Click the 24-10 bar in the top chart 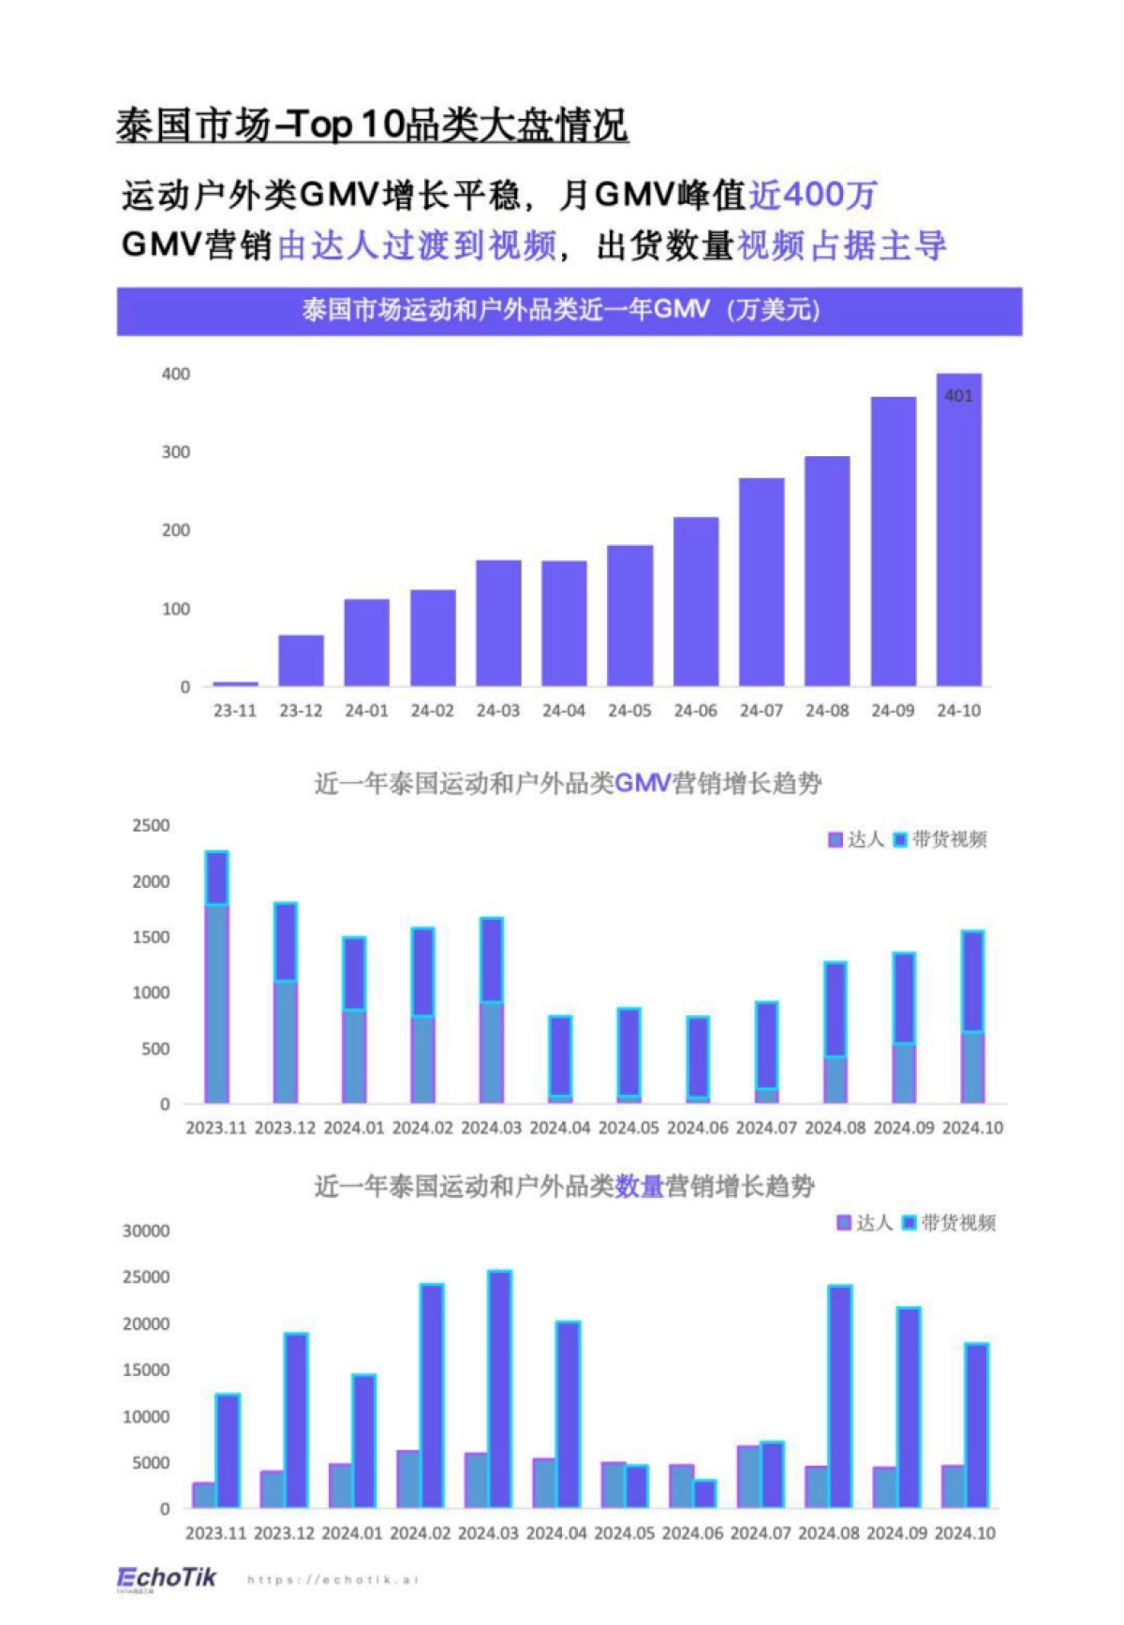coord(958,543)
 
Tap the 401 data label coord(958,396)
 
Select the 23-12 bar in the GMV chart coord(301,660)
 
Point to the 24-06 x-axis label coord(695,711)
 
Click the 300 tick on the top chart coord(175,452)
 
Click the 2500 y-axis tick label coord(151,826)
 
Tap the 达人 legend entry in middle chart coord(856,839)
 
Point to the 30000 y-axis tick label coord(146,1231)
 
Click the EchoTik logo coord(167,1578)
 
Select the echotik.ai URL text coord(333,1580)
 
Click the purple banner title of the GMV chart coord(569,311)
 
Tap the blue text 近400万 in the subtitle coord(812,195)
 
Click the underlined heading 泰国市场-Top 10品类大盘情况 coord(372,126)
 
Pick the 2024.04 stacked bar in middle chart coord(560,1059)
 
